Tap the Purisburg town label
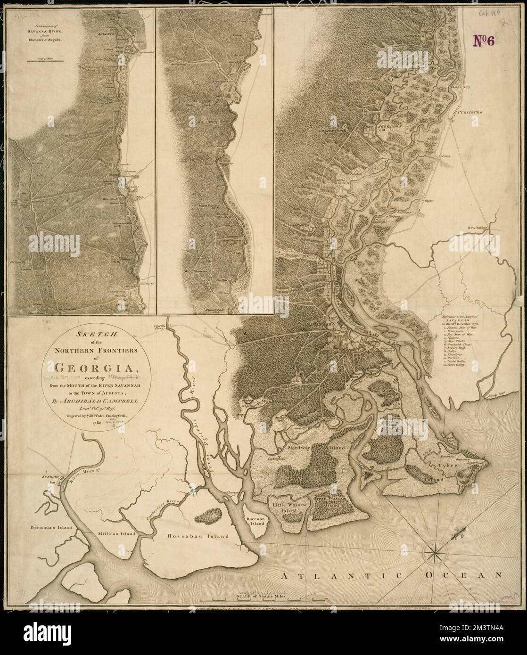point(473,112)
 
